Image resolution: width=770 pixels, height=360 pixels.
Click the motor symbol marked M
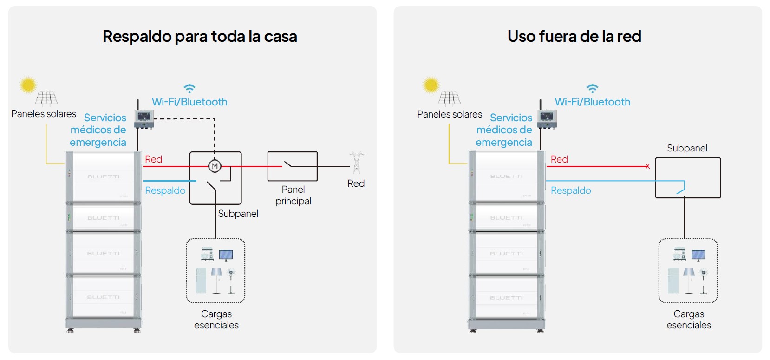pos(215,166)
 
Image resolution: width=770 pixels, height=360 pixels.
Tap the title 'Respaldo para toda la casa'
pos(200,36)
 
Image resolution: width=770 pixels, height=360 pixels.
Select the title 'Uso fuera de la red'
pos(574,36)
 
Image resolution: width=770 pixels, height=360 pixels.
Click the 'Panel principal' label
pos(293,195)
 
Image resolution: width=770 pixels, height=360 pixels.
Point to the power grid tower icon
pos(357,162)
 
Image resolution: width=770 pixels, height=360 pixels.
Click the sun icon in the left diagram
pos(28,85)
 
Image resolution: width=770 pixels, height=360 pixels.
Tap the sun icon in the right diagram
pos(431,85)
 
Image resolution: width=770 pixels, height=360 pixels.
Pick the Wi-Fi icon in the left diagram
pos(189,88)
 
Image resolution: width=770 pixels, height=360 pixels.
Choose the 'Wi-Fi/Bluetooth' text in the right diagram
pos(592,102)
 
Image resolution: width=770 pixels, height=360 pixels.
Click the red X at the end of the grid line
pos(647,166)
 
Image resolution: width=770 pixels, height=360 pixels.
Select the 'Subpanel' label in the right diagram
pos(687,148)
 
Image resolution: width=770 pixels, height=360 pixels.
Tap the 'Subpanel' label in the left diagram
pos(238,214)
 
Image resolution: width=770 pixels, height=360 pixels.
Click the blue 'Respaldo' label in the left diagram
pos(165,190)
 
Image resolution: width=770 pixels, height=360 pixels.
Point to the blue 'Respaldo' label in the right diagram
pos(571,190)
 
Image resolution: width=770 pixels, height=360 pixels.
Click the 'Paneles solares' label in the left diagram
pos(44,114)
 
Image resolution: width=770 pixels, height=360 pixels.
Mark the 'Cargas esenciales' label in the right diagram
pos(689,320)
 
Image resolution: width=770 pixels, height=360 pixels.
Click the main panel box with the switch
pos(292,166)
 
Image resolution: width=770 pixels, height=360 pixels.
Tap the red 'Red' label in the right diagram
pos(559,159)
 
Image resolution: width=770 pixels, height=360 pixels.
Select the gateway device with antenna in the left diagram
pos(144,118)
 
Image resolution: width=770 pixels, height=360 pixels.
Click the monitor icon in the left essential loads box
pos(226,255)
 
